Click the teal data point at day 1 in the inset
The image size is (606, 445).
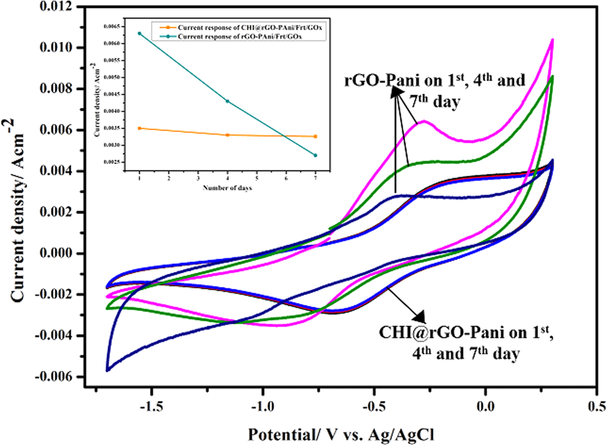[140, 34]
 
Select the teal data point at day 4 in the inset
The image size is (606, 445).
[227, 101]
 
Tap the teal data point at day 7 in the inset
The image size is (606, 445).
[315, 155]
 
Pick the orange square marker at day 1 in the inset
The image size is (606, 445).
[140, 129]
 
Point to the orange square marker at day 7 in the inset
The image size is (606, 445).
[315, 137]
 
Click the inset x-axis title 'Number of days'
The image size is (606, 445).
[227, 188]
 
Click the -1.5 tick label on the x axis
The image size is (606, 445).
[151, 405]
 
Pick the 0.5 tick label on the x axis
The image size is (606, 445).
[596, 405]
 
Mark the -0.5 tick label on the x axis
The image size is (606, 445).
[373, 405]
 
